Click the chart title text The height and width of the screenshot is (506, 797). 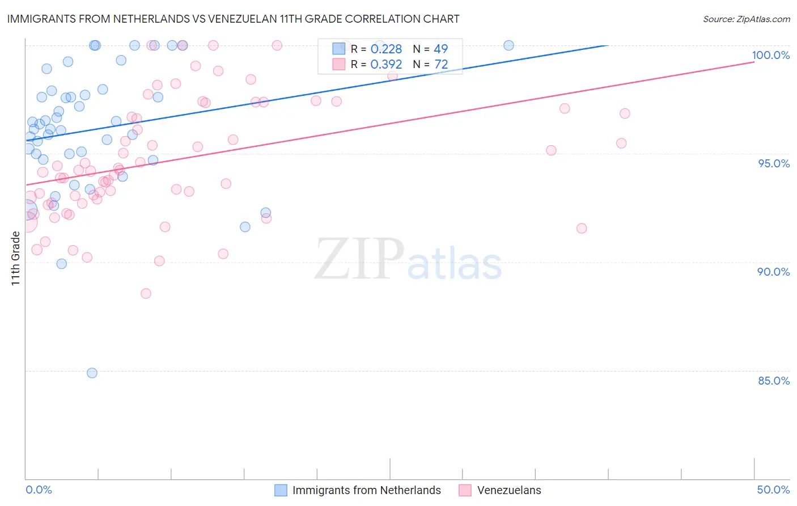pyautogui.click(x=233, y=19)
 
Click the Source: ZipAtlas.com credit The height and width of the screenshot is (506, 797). pyautogui.click(x=746, y=19)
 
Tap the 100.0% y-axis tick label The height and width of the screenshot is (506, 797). pyautogui.click(x=770, y=55)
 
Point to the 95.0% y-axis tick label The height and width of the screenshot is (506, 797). pyautogui.click(x=774, y=163)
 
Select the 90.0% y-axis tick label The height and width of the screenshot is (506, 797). pyautogui.click(x=774, y=272)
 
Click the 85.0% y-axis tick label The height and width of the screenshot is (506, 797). pyautogui.click(x=774, y=381)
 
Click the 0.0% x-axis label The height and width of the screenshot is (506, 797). pyautogui.click(x=39, y=490)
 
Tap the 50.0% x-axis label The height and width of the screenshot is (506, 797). pyautogui.click(x=773, y=490)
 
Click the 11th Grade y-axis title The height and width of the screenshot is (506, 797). pyautogui.click(x=15, y=258)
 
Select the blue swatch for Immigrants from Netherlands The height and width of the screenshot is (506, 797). pyautogui.click(x=281, y=490)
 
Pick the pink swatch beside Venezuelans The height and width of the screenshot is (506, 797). pyautogui.click(x=465, y=490)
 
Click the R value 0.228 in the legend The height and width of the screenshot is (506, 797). pyautogui.click(x=386, y=49)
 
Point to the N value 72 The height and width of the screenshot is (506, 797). pyautogui.click(x=441, y=65)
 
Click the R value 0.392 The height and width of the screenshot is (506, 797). pyautogui.click(x=386, y=65)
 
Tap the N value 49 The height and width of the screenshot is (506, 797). pyautogui.click(x=440, y=49)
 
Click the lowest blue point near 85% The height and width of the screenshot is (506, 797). pyautogui.click(x=92, y=373)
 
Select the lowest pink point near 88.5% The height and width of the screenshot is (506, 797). pyautogui.click(x=146, y=293)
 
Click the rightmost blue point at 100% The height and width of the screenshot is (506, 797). pyautogui.click(x=508, y=45)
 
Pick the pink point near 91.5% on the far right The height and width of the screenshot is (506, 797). pyautogui.click(x=582, y=228)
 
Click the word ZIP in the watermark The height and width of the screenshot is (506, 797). pyautogui.click(x=359, y=259)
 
